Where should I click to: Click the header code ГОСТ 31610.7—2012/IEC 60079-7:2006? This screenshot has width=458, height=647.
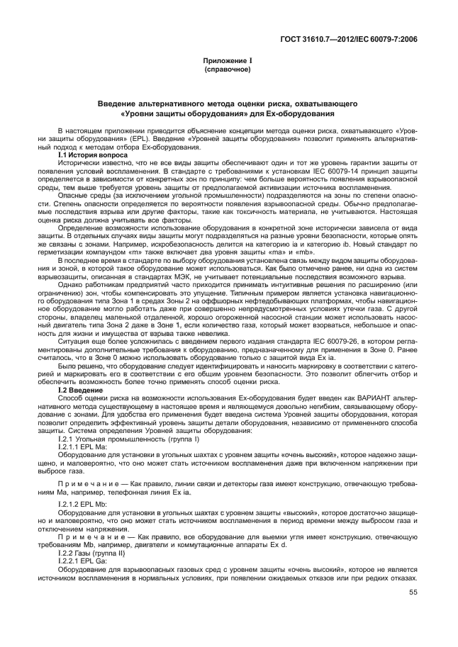pos(359,38)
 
